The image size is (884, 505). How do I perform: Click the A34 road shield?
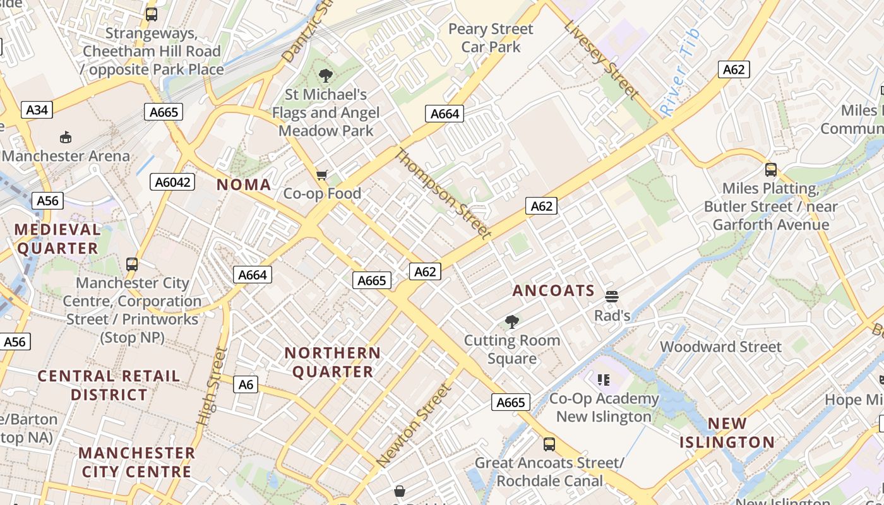pos(37,110)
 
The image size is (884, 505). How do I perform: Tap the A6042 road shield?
pos(172,182)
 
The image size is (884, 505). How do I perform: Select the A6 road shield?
pos(246,384)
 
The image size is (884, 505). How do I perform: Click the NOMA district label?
pos(244,185)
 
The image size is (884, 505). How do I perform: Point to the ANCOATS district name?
pos(553,290)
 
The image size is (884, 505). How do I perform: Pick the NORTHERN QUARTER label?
pos(333,362)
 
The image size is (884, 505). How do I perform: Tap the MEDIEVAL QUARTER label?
pos(57,239)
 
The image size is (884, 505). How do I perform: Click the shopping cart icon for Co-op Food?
pos(322,175)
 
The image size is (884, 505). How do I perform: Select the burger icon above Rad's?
pos(611,296)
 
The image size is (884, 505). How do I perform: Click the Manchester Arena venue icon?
pos(65,137)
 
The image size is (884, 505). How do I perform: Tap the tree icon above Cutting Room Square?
pos(512,322)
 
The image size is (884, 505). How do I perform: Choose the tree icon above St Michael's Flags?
pos(326,76)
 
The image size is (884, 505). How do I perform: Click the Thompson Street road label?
pos(443,194)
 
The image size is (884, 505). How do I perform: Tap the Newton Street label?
pos(414,426)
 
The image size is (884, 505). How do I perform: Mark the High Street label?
pos(212,386)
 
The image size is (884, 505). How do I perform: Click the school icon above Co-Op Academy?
pos(603,379)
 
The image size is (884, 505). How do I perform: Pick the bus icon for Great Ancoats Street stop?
pos(549,444)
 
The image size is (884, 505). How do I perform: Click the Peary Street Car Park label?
pos(491,38)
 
